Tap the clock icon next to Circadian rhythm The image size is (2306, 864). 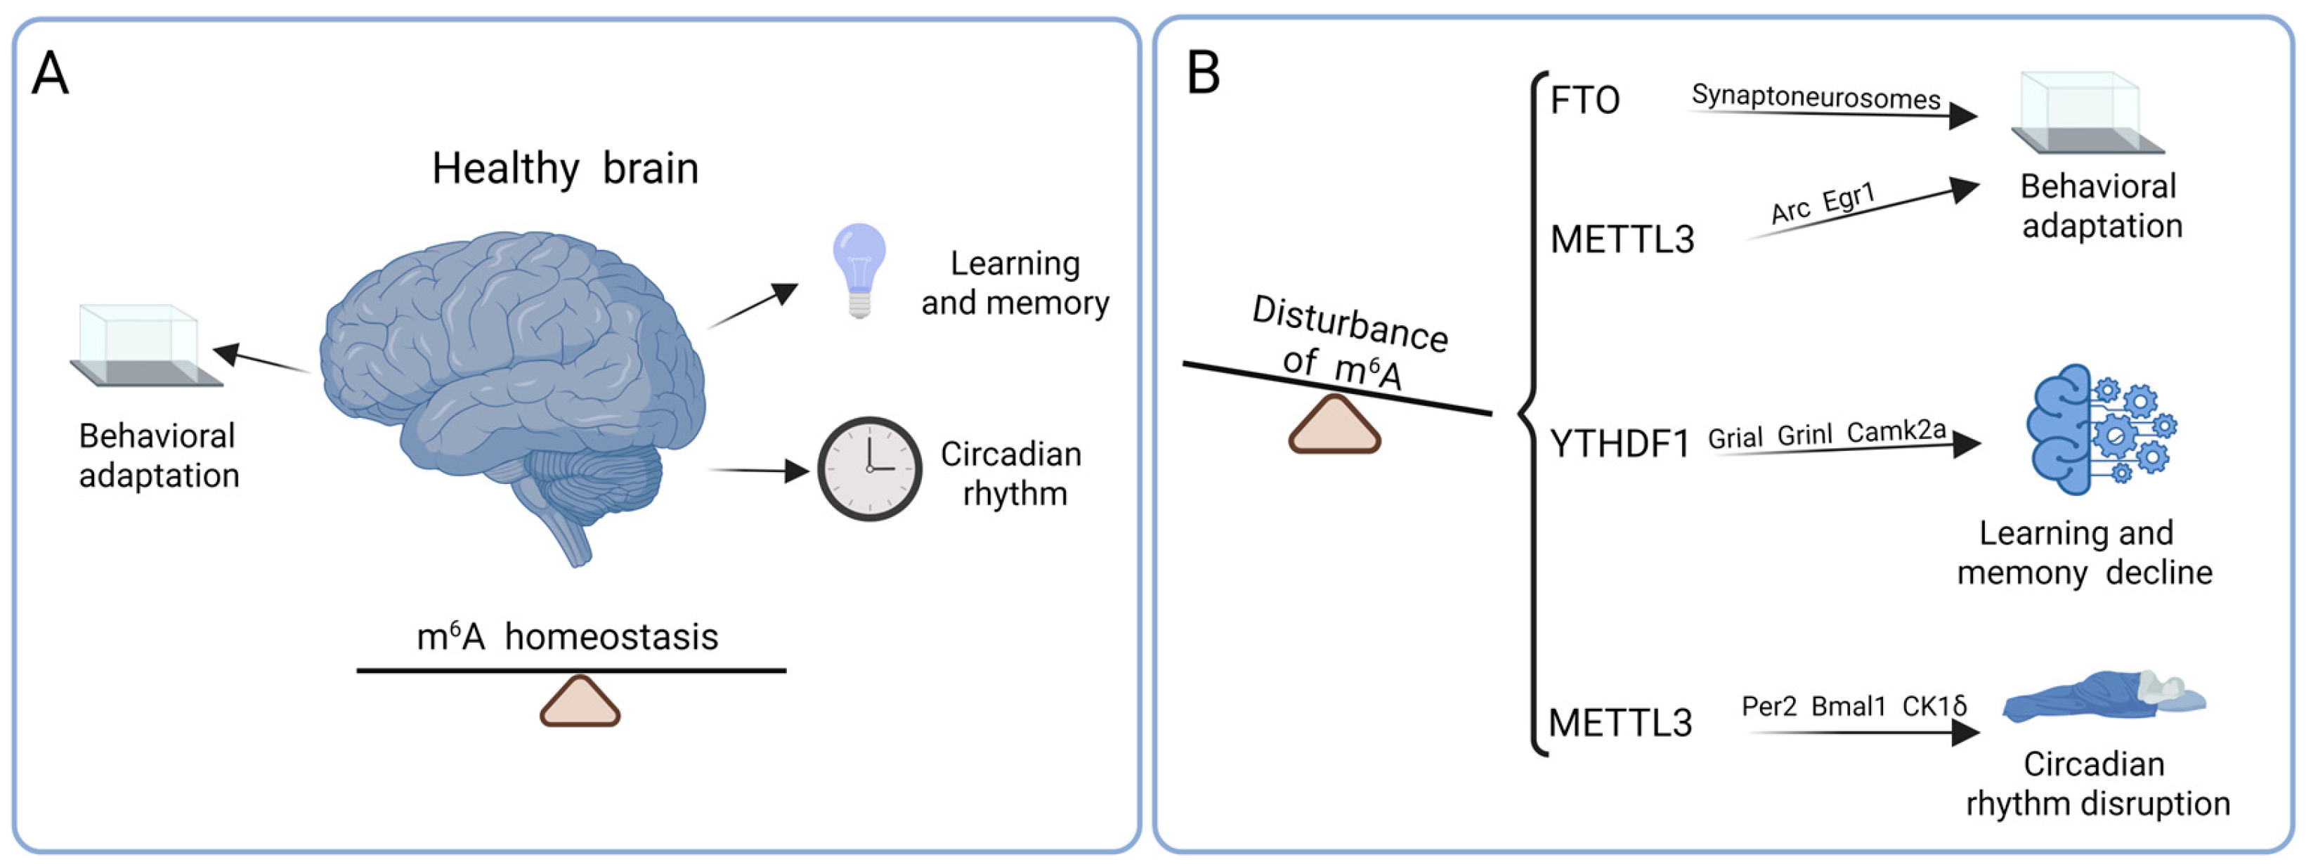pos(869,469)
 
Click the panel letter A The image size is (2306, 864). pos(50,74)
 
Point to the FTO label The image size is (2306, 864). pos(1584,100)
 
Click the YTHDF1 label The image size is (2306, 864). pos(1620,444)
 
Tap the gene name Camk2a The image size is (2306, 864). pos(1896,431)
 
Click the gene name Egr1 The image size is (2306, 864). pos(1849,197)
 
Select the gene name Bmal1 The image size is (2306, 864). pos(1849,707)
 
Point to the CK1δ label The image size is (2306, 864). pos(1934,707)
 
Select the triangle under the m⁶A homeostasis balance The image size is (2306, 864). pos(580,701)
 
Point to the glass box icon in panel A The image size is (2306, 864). pos(147,346)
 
